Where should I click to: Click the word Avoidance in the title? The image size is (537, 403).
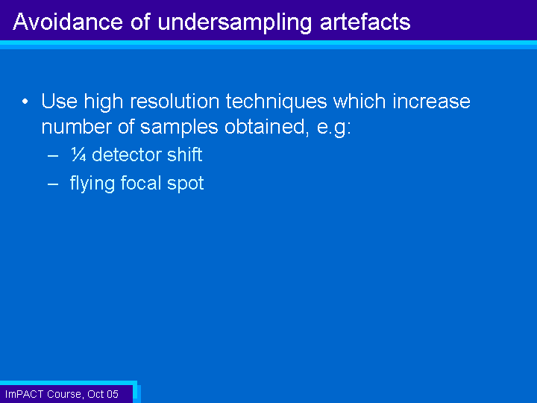(68, 22)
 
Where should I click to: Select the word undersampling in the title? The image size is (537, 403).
(235, 23)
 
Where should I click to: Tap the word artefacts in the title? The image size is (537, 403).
(365, 22)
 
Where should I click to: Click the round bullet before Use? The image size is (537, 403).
(25, 101)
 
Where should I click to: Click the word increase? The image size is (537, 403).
(431, 101)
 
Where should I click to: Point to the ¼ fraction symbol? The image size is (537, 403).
(78, 154)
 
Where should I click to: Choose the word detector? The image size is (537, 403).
(126, 154)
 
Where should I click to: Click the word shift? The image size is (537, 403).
(185, 154)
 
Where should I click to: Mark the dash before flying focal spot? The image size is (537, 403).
(53, 184)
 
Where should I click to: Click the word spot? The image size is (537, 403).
(185, 184)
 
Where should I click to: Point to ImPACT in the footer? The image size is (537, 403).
(25, 394)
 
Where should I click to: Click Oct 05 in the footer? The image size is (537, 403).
(103, 394)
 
